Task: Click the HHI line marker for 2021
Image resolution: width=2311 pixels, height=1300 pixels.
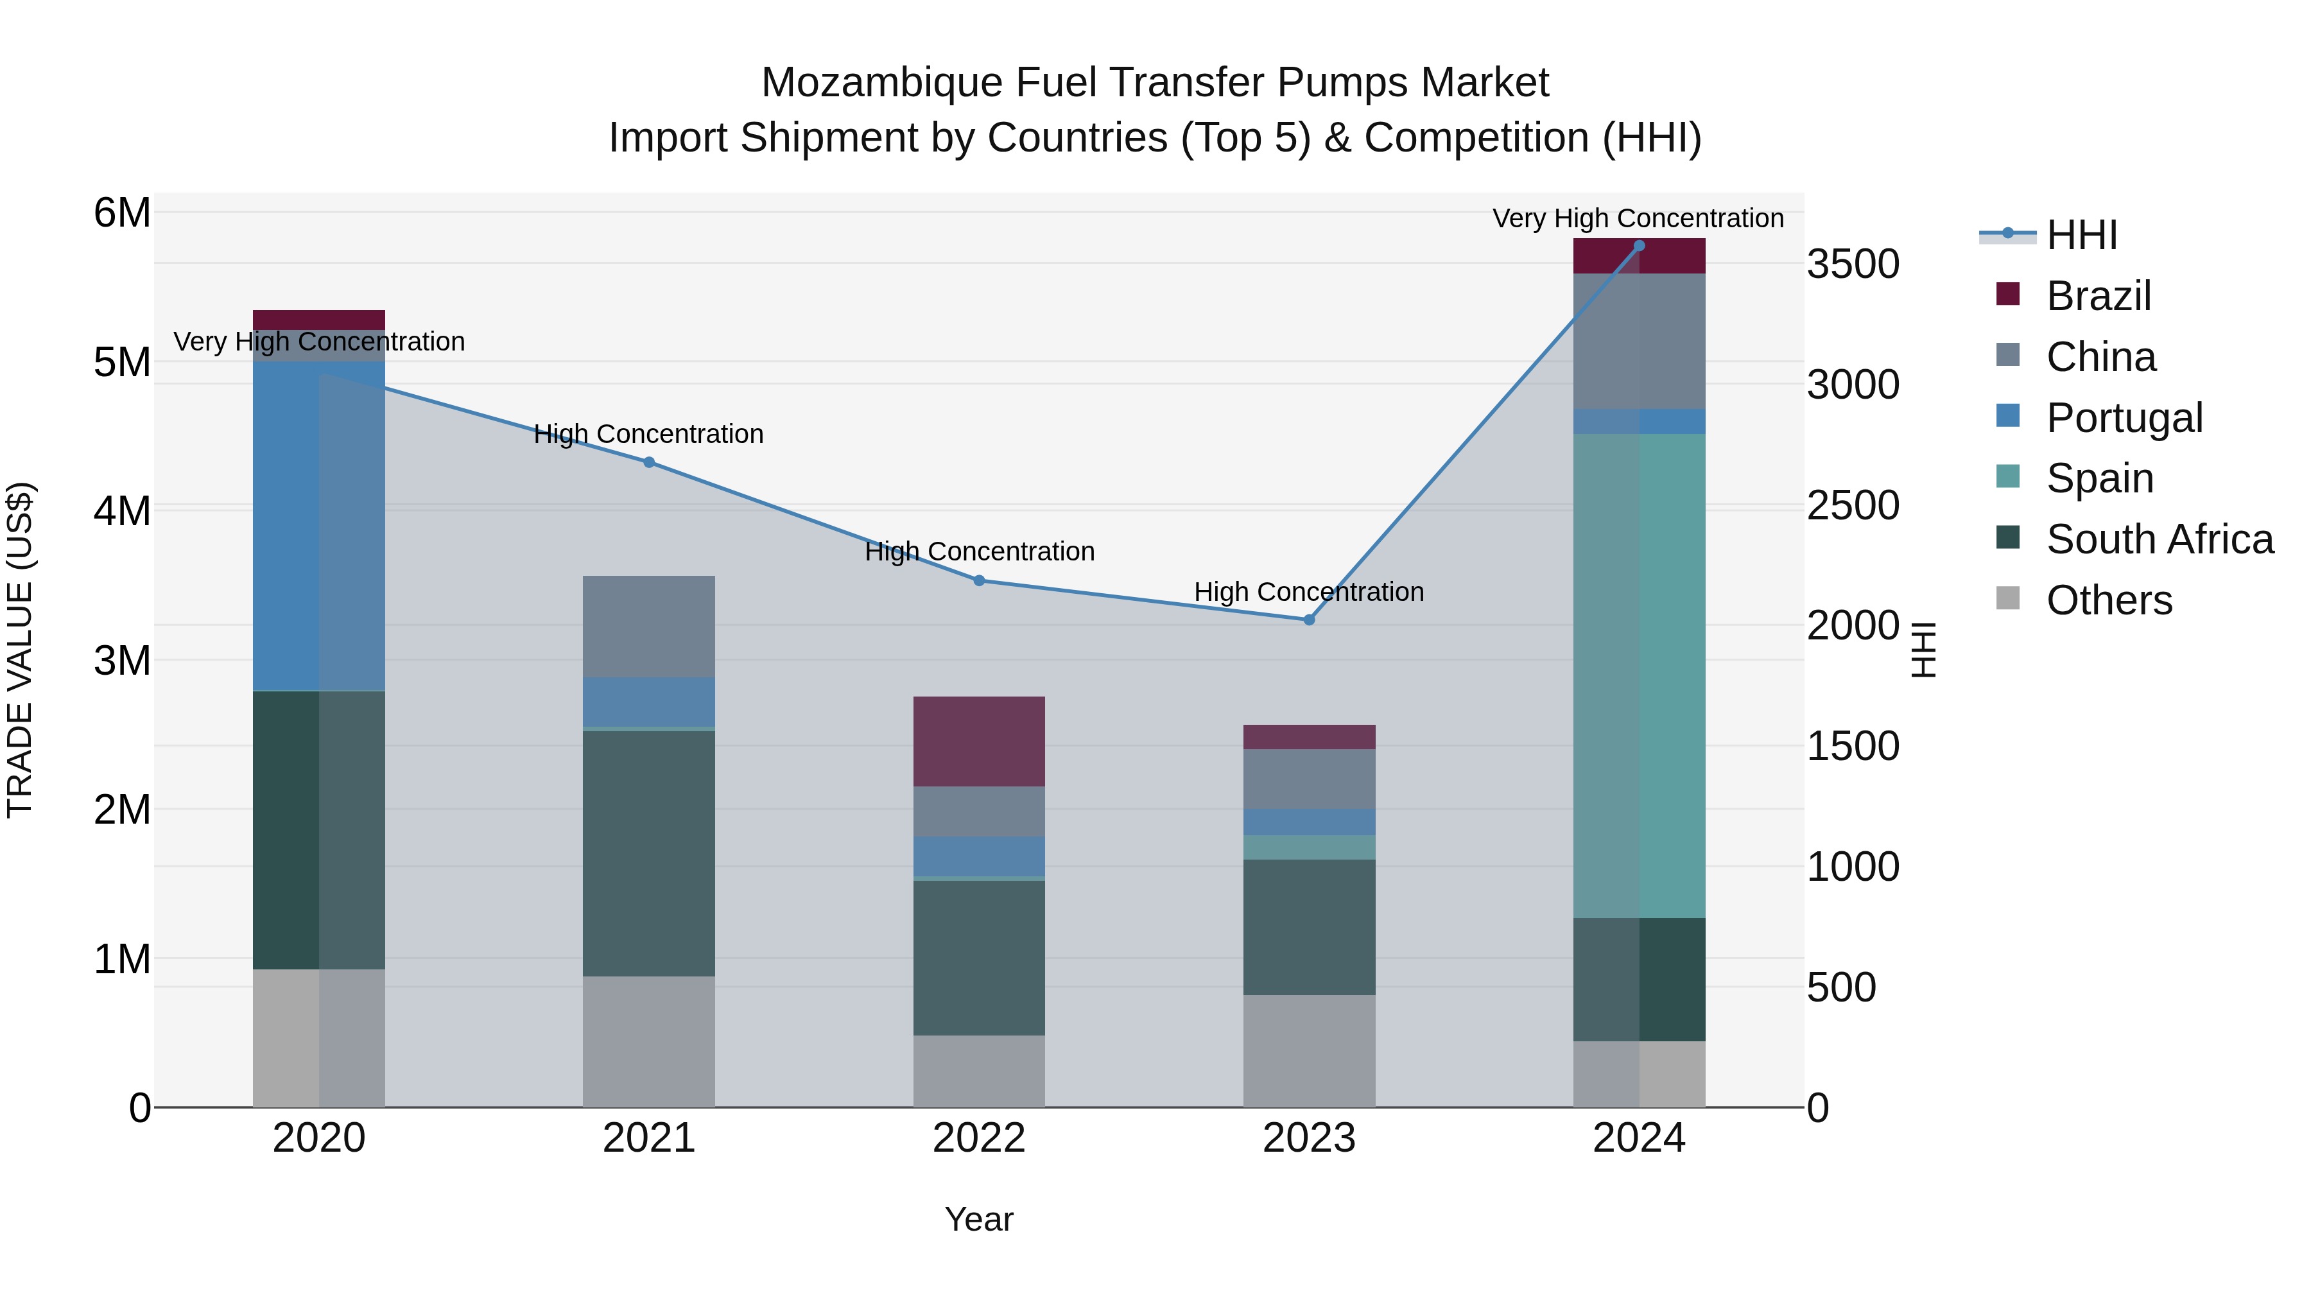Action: pyautogui.click(x=648, y=462)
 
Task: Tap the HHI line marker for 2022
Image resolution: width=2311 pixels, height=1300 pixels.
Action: pyautogui.click(x=979, y=580)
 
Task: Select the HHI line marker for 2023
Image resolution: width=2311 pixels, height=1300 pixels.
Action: pyautogui.click(x=1309, y=620)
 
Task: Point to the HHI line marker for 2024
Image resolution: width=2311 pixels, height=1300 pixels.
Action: pyautogui.click(x=1639, y=246)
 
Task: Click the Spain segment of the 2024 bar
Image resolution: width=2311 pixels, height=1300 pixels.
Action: pyautogui.click(x=1639, y=675)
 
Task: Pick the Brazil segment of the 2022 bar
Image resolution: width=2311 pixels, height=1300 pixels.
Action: pyautogui.click(x=979, y=741)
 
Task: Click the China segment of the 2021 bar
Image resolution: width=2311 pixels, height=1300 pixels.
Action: pyautogui.click(x=648, y=626)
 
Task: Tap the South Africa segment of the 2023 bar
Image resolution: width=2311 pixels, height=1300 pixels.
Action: pyautogui.click(x=1309, y=927)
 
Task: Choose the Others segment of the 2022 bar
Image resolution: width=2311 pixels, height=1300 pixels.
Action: pyautogui.click(x=979, y=1071)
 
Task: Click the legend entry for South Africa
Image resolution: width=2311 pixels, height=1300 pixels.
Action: pyautogui.click(x=2160, y=539)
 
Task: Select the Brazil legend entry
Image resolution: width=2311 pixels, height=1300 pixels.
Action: pyautogui.click(x=2099, y=296)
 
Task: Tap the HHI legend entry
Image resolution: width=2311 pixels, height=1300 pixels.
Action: pyautogui.click(x=2081, y=235)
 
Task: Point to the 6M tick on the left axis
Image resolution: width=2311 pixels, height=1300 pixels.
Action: pyautogui.click(x=122, y=214)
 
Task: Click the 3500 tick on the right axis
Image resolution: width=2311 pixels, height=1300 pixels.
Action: pyautogui.click(x=1853, y=264)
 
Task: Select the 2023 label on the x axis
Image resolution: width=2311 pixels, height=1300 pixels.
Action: pyautogui.click(x=1309, y=1138)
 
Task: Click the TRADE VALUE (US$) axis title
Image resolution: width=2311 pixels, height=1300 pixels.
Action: pyautogui.click(x=21, y=650)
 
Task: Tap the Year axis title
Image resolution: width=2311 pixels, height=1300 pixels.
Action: pyautogui.click(x=979, y=1219)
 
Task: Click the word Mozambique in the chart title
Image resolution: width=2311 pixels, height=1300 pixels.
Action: pyautogui.click(x=881, y=83)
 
